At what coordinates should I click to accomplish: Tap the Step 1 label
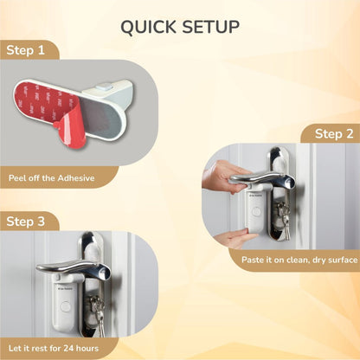[27, 50]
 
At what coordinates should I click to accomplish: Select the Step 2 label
[332, 133]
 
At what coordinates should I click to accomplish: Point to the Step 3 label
[27, 222]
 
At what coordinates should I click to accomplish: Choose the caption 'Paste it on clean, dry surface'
[293, 260]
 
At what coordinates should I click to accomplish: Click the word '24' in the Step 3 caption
[79, 348]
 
